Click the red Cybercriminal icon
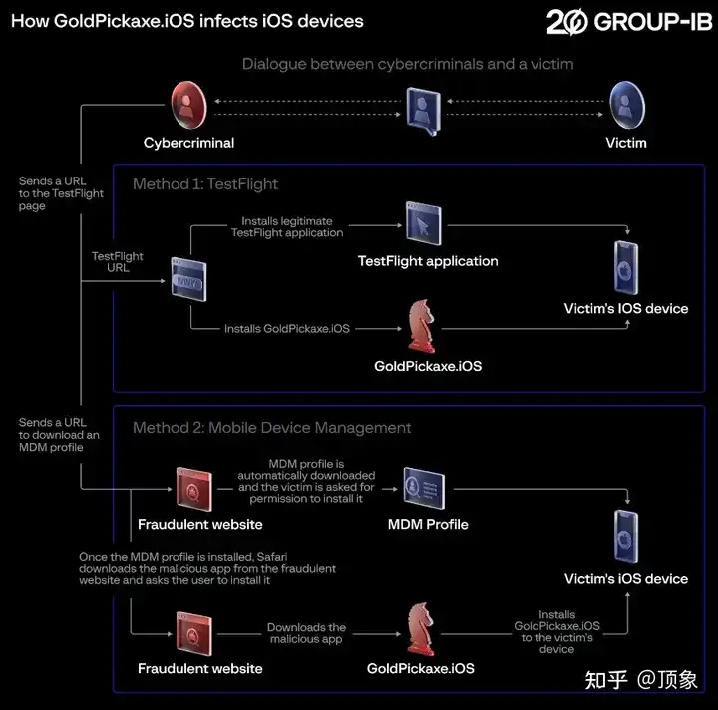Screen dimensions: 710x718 click(187, 103)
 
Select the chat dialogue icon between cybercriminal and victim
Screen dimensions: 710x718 click(423, 109)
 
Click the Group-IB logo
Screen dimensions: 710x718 click(628, 21)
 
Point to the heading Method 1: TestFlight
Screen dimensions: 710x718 click(205, 183)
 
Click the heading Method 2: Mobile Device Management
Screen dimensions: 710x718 click(271, 427)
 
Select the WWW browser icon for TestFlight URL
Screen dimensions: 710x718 click(189, 278)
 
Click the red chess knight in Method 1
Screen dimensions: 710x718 click(424, 325)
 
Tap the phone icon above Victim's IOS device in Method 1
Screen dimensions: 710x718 click(626, 266)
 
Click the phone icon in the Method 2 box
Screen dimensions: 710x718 click(626, 536)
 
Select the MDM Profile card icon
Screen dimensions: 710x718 click(422, 488)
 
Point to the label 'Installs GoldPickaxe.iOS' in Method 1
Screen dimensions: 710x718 click(287, 328)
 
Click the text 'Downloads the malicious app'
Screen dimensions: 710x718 click(306, 633)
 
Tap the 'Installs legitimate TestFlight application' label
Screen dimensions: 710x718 click(287, 226)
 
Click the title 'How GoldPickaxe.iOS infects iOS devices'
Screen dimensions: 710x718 click(187, 20)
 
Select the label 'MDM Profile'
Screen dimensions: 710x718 click(428, 524)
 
